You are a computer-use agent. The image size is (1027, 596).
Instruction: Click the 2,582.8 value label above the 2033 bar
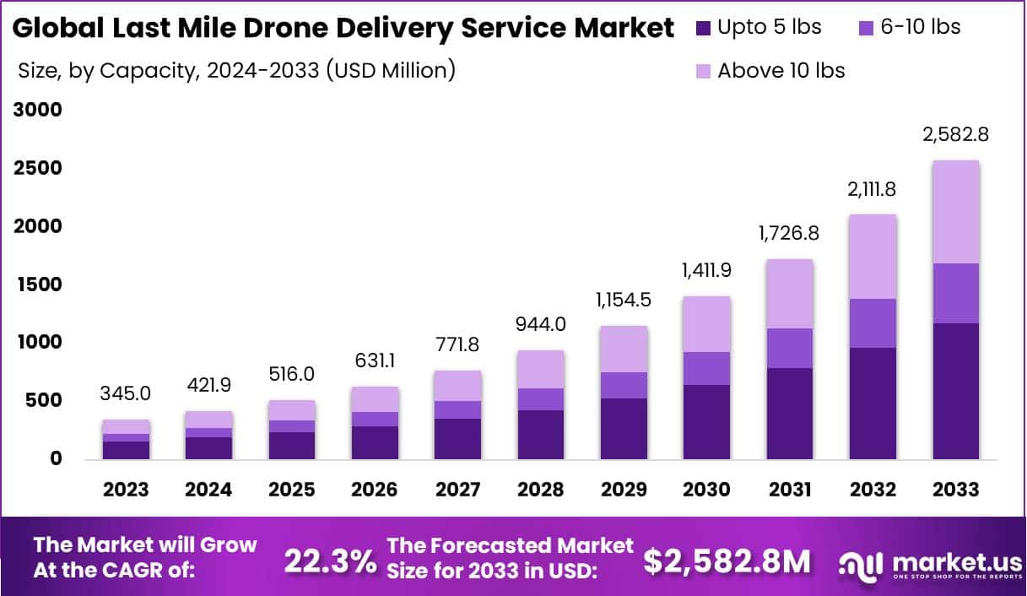point(956,134)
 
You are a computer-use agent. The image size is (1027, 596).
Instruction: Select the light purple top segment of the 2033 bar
point(956,212)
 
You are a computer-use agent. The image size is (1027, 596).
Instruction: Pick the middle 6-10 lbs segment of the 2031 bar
point(790,348)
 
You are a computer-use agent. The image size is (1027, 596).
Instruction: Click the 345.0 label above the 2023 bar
point(126,393)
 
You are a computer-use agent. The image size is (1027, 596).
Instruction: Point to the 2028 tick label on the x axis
point(541,490)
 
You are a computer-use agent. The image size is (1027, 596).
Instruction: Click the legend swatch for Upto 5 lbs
point(704,28)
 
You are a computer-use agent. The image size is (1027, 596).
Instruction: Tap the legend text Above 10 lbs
point(781,71)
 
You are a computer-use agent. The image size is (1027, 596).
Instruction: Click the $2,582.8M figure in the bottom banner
point(727,561)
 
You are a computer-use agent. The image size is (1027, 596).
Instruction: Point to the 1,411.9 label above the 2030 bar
point(707,271)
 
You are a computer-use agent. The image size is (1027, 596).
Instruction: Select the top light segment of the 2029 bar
point(624,349)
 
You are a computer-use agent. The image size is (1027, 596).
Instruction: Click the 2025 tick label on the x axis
point(292,490)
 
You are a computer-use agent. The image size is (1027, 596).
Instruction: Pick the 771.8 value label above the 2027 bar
point(457,344)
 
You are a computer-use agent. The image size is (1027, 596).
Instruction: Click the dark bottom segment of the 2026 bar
point(375,442)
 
